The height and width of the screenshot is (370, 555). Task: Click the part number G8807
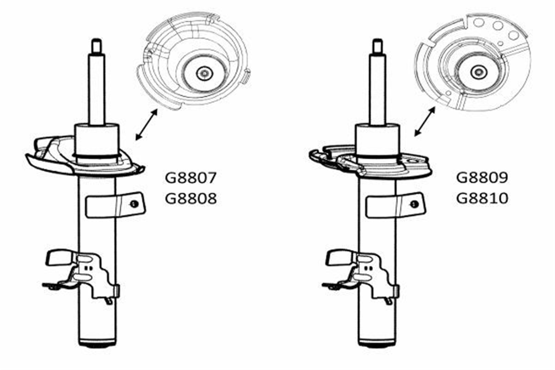coord(191,178)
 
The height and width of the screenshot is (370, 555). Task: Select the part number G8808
coord(191,198)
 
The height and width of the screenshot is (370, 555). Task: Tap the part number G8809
coord(482,178)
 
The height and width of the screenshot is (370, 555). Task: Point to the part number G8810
coord(482,198)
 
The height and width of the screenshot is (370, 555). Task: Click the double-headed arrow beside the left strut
coord(147,125)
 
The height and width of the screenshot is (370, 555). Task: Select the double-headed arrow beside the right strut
coord(425,122)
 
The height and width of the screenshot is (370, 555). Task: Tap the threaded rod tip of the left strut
coord(96,46)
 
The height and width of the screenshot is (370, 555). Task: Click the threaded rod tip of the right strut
coord(377,47)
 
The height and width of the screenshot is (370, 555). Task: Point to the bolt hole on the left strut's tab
coord(134,204)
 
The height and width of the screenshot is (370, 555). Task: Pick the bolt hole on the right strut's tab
coord(414,204)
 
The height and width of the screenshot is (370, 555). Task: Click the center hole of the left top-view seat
coord(204,74)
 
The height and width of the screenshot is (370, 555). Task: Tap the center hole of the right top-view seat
coord(479,72)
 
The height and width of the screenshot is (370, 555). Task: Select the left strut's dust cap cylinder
coord(97,141)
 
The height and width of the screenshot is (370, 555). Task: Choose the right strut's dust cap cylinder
coord(377,141)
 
